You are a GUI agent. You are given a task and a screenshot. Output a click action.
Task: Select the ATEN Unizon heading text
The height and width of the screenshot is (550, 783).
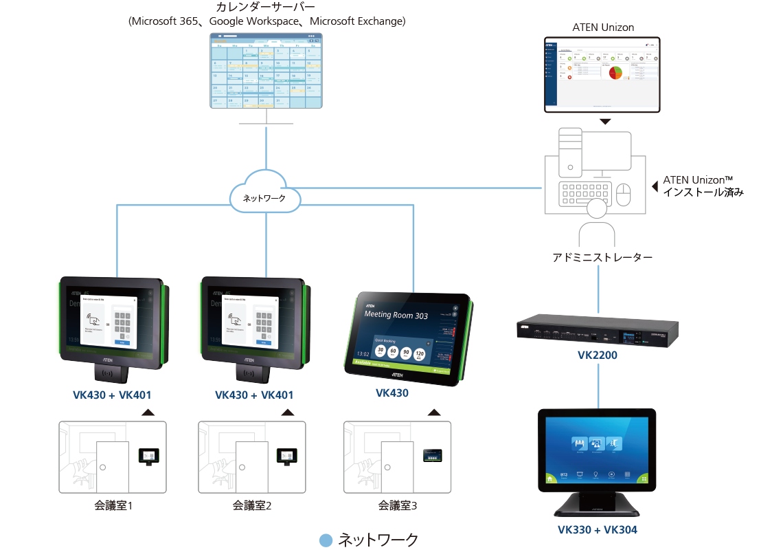602,27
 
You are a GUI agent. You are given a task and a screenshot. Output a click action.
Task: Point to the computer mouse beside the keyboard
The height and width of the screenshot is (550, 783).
624,195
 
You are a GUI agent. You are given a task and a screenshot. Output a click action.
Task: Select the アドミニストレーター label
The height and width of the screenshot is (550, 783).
602,258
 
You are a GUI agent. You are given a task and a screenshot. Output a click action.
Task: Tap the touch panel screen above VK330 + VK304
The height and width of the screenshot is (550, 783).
596,451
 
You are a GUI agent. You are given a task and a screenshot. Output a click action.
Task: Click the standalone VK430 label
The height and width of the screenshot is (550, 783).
392,394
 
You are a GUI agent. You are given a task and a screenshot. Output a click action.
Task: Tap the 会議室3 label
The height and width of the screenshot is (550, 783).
398,507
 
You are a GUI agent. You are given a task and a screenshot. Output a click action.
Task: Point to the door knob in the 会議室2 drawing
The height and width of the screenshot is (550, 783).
242,467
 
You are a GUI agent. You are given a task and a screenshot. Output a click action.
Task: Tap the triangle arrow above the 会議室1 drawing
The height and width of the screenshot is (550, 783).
147,412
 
